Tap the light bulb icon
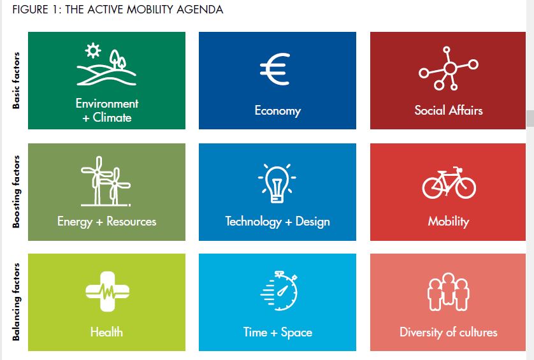[277, 184]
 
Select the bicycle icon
[449, 183]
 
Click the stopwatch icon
[279, 291]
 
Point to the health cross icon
[107, 292]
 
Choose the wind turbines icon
[106, 181]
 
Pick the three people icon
[448, 292]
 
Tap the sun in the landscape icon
[93, 51]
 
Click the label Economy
[278, 111]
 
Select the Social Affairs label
[449, 110]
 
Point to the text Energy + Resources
[106, 221]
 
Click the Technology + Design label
[278, 221]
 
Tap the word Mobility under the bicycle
[449, 221]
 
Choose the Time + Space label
[278, 333]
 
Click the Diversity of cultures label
[448, 332]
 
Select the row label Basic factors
[16, 80]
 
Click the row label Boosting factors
[16, 192]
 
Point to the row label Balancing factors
[16, 302]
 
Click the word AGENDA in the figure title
[199, 10]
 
